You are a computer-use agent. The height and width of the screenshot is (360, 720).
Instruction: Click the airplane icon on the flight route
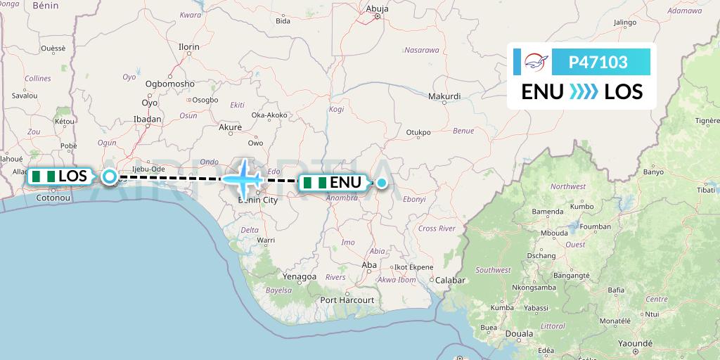(x=243, y=178)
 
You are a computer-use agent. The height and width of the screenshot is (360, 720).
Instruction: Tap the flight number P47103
(x=598, y=63)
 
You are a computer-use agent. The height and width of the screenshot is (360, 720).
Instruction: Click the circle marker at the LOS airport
(x=110, y=176)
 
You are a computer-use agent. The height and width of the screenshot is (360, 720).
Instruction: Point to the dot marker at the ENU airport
(x=380, y=183)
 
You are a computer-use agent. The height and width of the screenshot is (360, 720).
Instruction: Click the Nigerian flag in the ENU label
(x=314, y=183)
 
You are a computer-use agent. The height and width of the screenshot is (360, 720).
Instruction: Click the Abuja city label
(x=377, y=9)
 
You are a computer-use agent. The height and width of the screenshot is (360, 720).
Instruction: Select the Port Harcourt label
(x=347, y=300)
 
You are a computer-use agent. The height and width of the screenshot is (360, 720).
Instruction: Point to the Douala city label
(x=520, y=333)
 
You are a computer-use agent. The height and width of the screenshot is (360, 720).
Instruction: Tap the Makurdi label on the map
(x=444, y=96)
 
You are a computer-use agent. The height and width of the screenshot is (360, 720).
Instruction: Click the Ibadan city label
(x=148, y=120)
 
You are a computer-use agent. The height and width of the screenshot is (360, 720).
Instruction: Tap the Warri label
(x=265, y=240)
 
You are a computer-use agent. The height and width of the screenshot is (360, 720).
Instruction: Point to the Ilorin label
(x=189, y=47)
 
